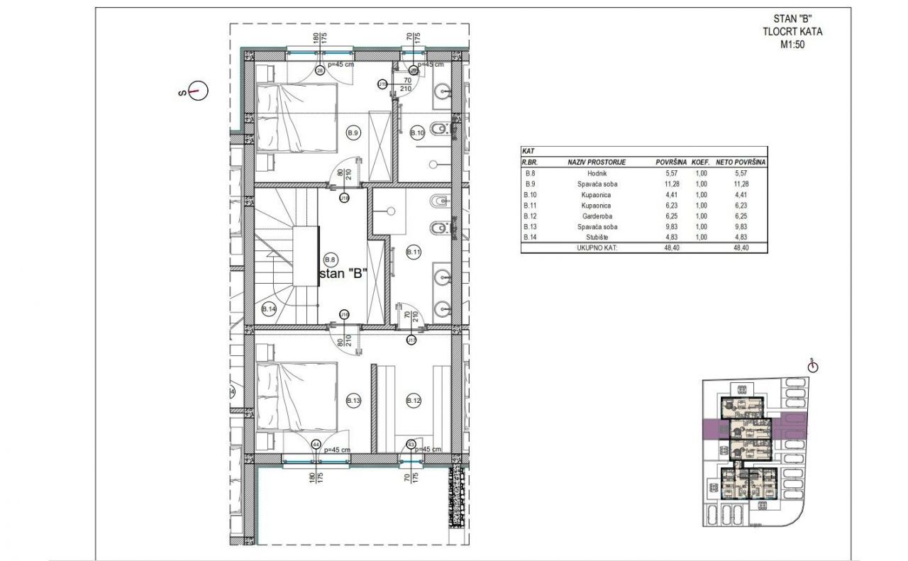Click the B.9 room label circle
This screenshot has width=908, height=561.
353,133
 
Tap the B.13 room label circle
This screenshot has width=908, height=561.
353,401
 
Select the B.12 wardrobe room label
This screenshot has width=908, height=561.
414,401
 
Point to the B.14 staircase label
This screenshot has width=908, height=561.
268,309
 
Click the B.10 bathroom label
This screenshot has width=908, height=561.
417,133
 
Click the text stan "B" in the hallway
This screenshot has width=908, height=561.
343,274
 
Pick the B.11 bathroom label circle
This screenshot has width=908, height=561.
414,252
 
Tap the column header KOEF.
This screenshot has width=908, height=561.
701,162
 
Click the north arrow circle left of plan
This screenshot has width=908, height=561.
199,91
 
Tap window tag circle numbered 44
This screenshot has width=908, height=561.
315,444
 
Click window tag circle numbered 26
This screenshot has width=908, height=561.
319,70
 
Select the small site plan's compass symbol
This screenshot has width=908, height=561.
812,367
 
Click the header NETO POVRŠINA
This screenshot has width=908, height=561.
741,162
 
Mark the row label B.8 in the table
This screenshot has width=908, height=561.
528,173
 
